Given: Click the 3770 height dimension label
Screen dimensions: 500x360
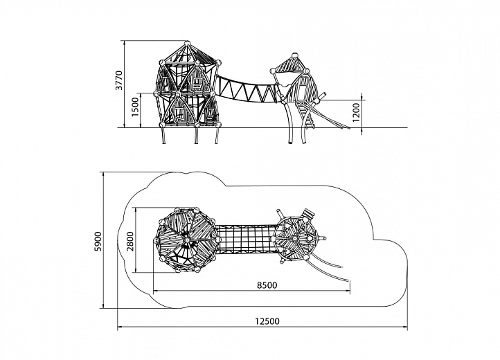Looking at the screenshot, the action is click(119, 80).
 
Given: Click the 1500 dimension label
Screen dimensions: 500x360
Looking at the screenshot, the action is click(136, 107).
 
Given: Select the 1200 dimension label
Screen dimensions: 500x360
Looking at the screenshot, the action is click(356, 113).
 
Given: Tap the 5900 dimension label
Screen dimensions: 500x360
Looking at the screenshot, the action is click(98, 242).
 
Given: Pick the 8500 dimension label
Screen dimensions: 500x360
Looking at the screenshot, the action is click(267, 285).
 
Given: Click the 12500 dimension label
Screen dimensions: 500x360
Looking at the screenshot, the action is click(267, 321).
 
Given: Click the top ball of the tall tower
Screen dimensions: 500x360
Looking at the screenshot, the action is click(187, 43).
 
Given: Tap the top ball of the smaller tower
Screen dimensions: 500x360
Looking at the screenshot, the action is click(294, 55).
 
